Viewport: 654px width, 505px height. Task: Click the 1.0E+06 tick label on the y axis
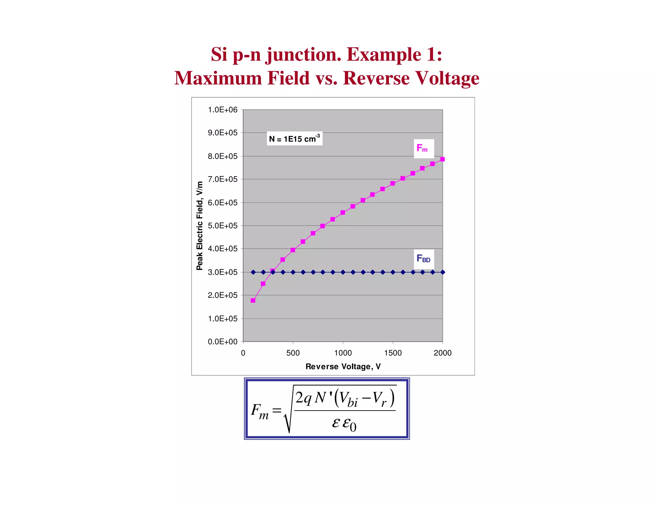[x=223, y=110]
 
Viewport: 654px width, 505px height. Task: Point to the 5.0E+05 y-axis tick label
[x=223, y=226]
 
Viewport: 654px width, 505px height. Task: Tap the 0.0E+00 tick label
[x=223, y=342]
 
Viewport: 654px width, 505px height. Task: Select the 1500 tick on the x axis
[x=393, y=353]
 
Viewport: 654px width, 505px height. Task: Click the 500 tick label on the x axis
[x=293, y=353]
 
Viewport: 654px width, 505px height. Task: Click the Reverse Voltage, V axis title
[x=343, y=366]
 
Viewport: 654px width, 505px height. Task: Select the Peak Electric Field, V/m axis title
[x=200, y=226]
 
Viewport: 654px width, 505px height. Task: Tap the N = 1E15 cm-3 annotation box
[x=294, y=139]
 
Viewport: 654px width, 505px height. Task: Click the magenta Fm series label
[x=423, y=148]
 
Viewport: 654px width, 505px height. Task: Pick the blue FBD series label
[x=423, y=259]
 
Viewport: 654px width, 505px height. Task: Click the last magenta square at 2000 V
[x=442, y=159]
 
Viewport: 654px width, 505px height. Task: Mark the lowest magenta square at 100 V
[x=253, y=300]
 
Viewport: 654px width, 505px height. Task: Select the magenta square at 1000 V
[x=343, y=213]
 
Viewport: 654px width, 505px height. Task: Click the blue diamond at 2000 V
[x=443, y=272]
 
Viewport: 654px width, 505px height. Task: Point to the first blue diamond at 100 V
[x=253, y=272]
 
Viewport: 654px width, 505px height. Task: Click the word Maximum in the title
[x=218, y=78]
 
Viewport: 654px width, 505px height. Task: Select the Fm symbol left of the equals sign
[x=260, y=411]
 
